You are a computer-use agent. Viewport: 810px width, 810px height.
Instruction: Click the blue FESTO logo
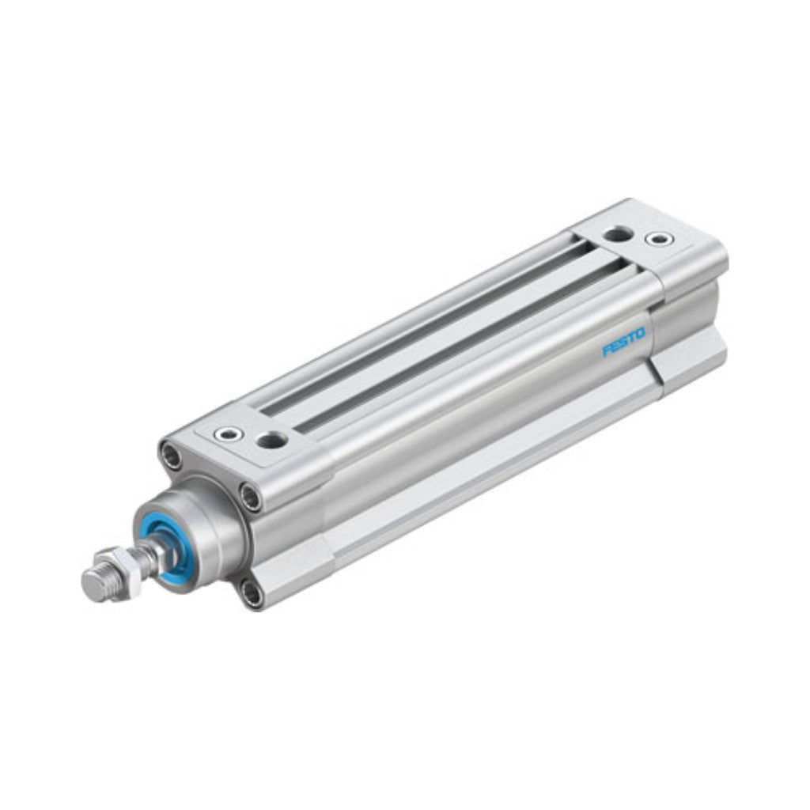tap(624, 342)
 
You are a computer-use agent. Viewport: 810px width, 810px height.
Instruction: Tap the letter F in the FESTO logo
tap(607, 350)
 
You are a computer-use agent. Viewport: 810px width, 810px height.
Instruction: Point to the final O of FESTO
tap(640, 333)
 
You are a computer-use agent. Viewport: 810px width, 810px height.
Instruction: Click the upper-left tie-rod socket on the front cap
tap(171, 456)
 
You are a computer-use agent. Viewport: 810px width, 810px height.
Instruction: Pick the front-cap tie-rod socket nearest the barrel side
tap(251, 497)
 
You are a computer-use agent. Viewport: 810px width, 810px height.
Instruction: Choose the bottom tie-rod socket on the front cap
tap(252, 593)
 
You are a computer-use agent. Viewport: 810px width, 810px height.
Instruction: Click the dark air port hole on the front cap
tap(272, 441)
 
